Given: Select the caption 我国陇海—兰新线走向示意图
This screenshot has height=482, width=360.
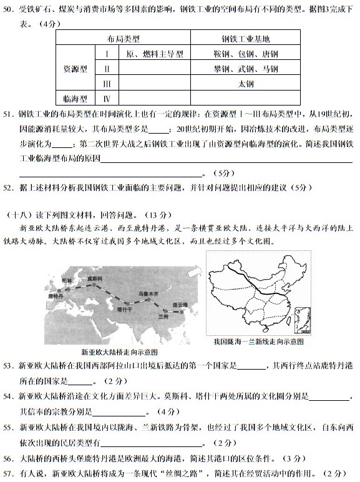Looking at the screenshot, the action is tap(258, 342).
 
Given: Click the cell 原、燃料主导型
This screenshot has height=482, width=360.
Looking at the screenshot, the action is tap(154, 54).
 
